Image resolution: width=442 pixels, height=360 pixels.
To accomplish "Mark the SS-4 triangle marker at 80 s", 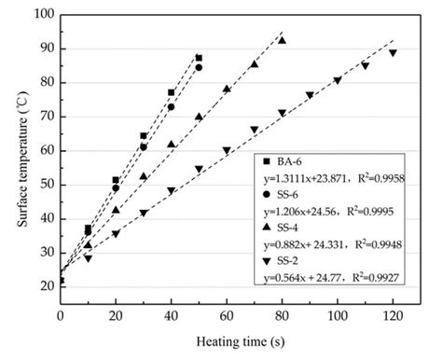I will [282, 41].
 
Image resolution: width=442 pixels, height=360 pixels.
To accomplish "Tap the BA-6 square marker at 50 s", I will [199, 58].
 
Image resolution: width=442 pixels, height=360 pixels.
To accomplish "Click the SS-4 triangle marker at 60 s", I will [227, 90].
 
